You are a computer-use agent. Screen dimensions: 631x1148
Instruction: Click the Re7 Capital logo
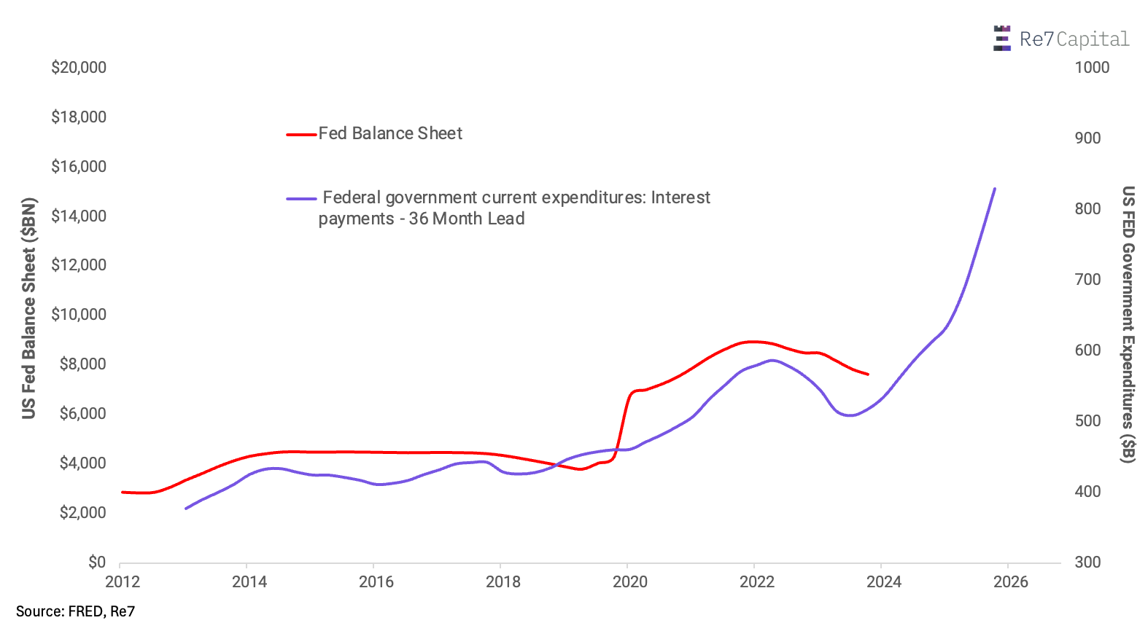1061,39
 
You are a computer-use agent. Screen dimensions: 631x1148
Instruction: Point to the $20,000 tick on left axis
79,68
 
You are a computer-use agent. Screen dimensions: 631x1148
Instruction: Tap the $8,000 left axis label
82,364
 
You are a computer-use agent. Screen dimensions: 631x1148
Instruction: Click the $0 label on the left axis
97,562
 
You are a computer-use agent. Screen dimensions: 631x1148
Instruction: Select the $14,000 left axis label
79,216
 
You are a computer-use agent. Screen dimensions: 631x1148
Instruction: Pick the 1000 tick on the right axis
1092,68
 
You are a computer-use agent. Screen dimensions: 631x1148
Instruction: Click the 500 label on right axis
1087,421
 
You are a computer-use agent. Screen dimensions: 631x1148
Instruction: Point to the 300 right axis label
1087,562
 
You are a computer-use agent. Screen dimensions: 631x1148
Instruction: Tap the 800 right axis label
1087,209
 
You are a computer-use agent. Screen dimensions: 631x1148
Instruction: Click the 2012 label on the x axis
123,581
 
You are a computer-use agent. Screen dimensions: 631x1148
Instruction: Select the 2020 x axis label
630,581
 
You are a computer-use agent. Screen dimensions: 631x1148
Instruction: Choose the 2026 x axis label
1011,581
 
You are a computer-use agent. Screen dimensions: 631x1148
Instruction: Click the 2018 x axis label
503,581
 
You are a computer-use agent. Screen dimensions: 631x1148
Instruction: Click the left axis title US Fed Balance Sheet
29,308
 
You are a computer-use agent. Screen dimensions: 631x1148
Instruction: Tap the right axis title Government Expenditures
1128,324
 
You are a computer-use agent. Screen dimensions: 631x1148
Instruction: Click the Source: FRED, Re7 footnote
76,611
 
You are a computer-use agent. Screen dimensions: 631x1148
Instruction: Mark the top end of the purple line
995,189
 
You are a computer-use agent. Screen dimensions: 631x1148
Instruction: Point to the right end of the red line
868,375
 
